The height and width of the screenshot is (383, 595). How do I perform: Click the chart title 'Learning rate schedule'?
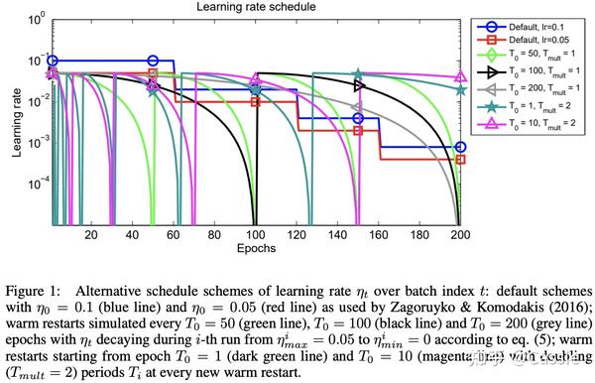(x=255, y=7)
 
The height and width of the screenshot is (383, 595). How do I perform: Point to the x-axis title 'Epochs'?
(x=255, y=250)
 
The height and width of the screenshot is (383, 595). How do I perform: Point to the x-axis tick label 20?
(x=91, y=235)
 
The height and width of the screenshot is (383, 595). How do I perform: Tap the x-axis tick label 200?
(x=459, y=235)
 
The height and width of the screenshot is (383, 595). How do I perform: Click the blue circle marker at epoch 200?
(x=460, y=147)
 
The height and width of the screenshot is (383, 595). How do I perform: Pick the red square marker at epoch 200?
(x=460, y=159)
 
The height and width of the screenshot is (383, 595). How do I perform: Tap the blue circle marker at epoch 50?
(x=153, y=62)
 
